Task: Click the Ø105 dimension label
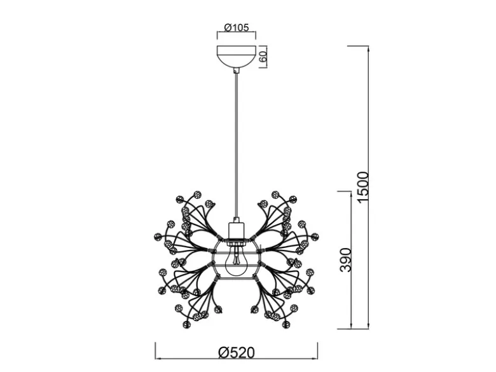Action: coord(237,27)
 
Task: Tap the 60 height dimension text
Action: coord(263,57)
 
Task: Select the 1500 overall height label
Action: coord(362,186)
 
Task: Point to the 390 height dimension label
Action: coord(345,260)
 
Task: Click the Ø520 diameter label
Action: coord(237,353)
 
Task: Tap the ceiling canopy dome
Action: coord(237,57)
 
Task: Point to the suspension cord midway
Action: coord(236,145)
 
